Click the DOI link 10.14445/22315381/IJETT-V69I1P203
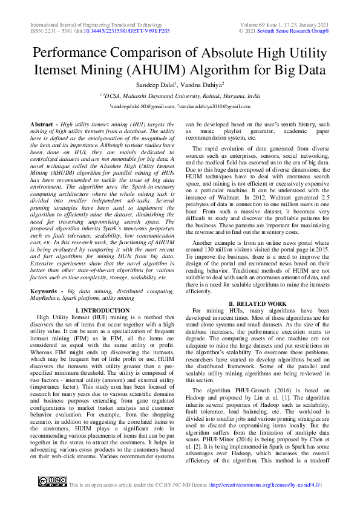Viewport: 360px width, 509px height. pos(125,30)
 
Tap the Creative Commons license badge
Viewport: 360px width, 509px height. pos(53,481)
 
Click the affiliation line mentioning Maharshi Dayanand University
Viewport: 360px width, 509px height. pos(180,96)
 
